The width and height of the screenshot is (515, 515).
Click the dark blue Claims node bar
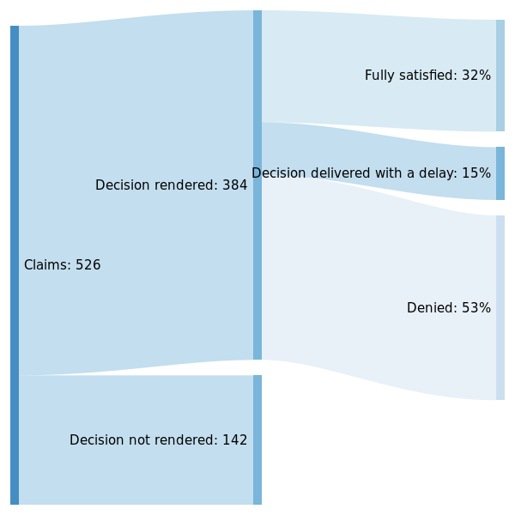click(x=15, y=265)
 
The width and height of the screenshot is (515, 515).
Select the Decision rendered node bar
click(x=257, y=185)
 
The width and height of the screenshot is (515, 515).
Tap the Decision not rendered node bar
click(x=257, y=439)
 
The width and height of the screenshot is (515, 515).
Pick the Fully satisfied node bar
click(x=500, y=76)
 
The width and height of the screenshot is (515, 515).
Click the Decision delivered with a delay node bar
click(x=500, y=173)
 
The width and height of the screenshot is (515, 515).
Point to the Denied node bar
click(x=500, y=307)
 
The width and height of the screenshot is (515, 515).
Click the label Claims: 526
click(x=62, y=265)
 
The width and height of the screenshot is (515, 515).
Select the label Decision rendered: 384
click(x=171, y=185)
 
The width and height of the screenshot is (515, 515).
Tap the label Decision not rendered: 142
click(x=158, y=440)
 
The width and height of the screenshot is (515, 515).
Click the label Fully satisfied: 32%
click(x=427, y=76)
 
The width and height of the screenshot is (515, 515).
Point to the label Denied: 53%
click(x=448, y=308)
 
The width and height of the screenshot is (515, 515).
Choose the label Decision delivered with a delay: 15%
click(x=371, y=173)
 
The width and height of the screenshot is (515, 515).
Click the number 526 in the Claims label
click(x=88, y=265)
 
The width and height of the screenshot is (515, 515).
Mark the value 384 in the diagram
click(x=235, y=185)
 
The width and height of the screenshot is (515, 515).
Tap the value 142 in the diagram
click(x=235, y=440)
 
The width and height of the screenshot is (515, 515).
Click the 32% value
click(x=476, y=76)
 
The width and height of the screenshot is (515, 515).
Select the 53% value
click(x=476, y=308)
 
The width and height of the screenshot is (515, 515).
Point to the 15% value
click(x=476, y=173)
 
